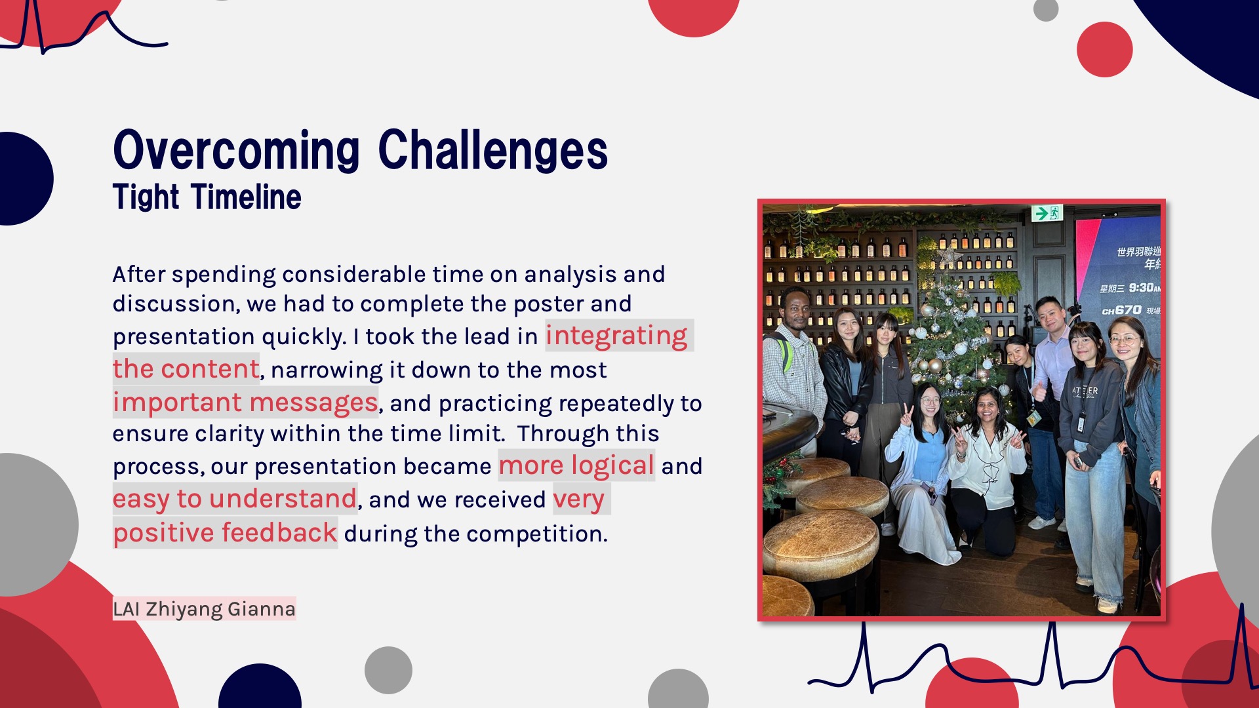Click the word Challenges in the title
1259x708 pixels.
(x=493, y=150)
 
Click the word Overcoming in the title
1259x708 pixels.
(x=237, y=150)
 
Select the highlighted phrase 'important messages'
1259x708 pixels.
(x=245, y=403)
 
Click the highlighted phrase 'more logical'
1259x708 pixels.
(x=576, y=465)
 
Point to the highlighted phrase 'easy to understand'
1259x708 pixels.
(x=235, y=500)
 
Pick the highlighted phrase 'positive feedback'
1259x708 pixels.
(x=225, y=533)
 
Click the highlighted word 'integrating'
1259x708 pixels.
(x=616, y=336)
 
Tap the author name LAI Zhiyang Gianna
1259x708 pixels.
(x=204, y=609)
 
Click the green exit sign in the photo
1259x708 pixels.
(x=1047, y=213)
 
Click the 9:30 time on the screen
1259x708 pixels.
(x=1142, y=288)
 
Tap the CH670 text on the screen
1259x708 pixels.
(x=1122, y=310)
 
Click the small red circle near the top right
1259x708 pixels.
(x=1105, y=50)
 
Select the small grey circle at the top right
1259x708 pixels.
(x=1046, y=9)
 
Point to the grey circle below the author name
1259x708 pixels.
(x=388, y=670)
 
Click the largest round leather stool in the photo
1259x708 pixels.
(x=820, y=544)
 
